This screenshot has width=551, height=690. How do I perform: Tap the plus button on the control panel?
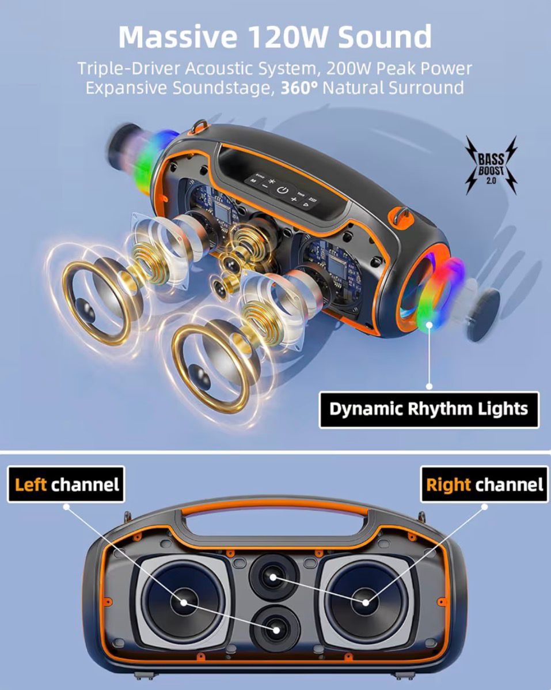(x=293, y=200)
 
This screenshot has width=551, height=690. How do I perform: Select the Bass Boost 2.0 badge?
(x=491, y=164)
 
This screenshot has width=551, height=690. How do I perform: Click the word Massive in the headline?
(x=175, y=37)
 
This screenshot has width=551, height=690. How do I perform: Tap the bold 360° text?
(x=301, y=88)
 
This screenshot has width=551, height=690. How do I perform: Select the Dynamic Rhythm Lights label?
(x=428, y=409)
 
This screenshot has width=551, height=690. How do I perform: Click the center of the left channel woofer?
(x=184, y=602)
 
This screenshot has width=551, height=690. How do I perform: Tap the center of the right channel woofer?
(x=366, y=603)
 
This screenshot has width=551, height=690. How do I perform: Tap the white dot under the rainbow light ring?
(x=429, y=386)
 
